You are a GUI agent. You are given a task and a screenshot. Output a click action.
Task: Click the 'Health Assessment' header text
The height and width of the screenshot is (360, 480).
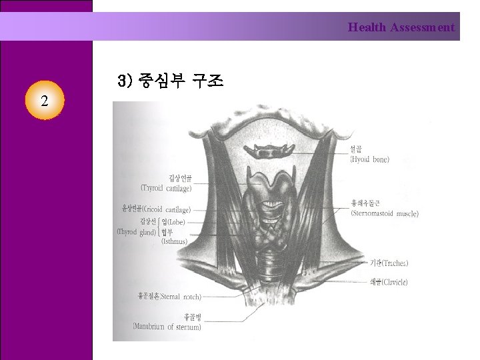tap(401, 27)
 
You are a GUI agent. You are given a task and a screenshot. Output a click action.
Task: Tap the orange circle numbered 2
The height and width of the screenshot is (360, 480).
tap(44, 101)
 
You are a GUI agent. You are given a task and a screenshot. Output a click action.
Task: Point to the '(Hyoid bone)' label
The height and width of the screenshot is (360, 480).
tap(370, 160)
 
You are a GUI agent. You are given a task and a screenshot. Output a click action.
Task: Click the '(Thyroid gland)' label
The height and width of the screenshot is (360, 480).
tap(137, 232)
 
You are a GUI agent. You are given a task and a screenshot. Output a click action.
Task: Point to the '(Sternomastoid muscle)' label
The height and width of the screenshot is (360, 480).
tap(385, 214)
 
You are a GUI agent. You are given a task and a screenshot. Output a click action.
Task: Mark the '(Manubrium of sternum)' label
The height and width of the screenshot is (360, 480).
tap(167, 327)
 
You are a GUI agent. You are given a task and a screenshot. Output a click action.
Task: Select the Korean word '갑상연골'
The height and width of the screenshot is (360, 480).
tap(180, 177)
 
